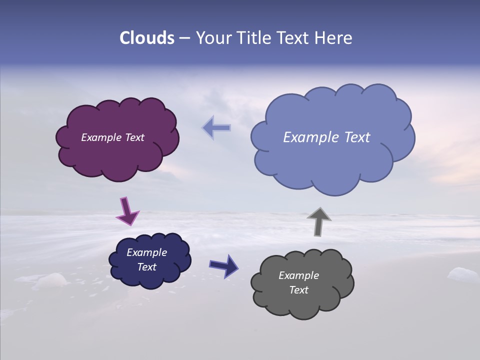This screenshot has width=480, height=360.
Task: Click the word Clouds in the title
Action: click(147, 38)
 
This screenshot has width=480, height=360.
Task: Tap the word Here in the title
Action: click(334, 38)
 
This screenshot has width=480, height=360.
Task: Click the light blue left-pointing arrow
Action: click(217, 127)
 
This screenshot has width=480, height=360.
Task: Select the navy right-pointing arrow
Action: click(223, 265)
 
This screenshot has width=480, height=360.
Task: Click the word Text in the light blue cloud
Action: click(354, 137)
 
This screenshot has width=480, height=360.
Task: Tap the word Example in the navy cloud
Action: click(146, 252)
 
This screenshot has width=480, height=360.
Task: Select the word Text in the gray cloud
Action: click(298, 290)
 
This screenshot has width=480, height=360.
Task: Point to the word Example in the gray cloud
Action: click(298, 275)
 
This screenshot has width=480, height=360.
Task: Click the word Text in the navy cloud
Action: click(146, 267)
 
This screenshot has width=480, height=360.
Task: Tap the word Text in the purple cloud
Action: click(133, 137)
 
